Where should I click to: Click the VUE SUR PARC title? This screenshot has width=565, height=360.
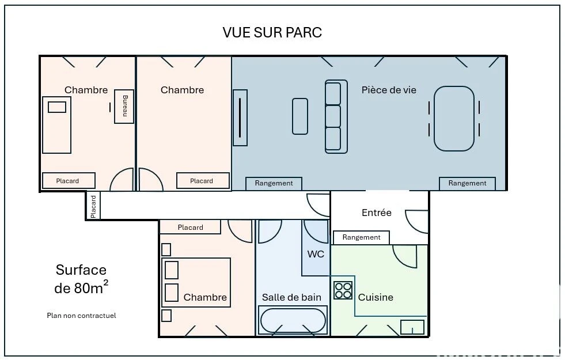coord(272,32)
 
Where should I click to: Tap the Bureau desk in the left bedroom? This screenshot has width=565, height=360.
coord(124,107)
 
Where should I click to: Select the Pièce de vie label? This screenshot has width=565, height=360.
coord(389,90)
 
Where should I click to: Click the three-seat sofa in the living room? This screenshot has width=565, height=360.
coord(336,117)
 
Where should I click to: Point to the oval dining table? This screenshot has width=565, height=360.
coord(454,119)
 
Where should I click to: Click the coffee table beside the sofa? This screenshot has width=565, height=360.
coord(300,116)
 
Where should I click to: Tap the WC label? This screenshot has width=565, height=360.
coord(316,254)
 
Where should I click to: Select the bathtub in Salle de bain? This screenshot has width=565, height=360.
coord(293,320)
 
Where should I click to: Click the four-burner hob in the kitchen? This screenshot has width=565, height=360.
coord(343,290)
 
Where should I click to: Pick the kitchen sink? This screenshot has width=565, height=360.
coord(412,327)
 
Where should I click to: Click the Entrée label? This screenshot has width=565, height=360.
coord(377,213)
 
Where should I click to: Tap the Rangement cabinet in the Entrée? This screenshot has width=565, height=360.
coord(361,237)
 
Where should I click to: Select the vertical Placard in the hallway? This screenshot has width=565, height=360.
coord(93,206)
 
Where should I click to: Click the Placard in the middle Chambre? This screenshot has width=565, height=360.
coord(203,180)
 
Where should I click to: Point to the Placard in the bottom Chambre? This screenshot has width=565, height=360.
coord(190,227)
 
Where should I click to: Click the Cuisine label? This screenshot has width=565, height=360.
coord(376,297)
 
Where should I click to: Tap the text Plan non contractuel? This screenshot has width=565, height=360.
coord(81,316)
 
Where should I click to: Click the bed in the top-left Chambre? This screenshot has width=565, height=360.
coord(56,124)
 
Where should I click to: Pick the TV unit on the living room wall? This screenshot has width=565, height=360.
coord(240,118)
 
